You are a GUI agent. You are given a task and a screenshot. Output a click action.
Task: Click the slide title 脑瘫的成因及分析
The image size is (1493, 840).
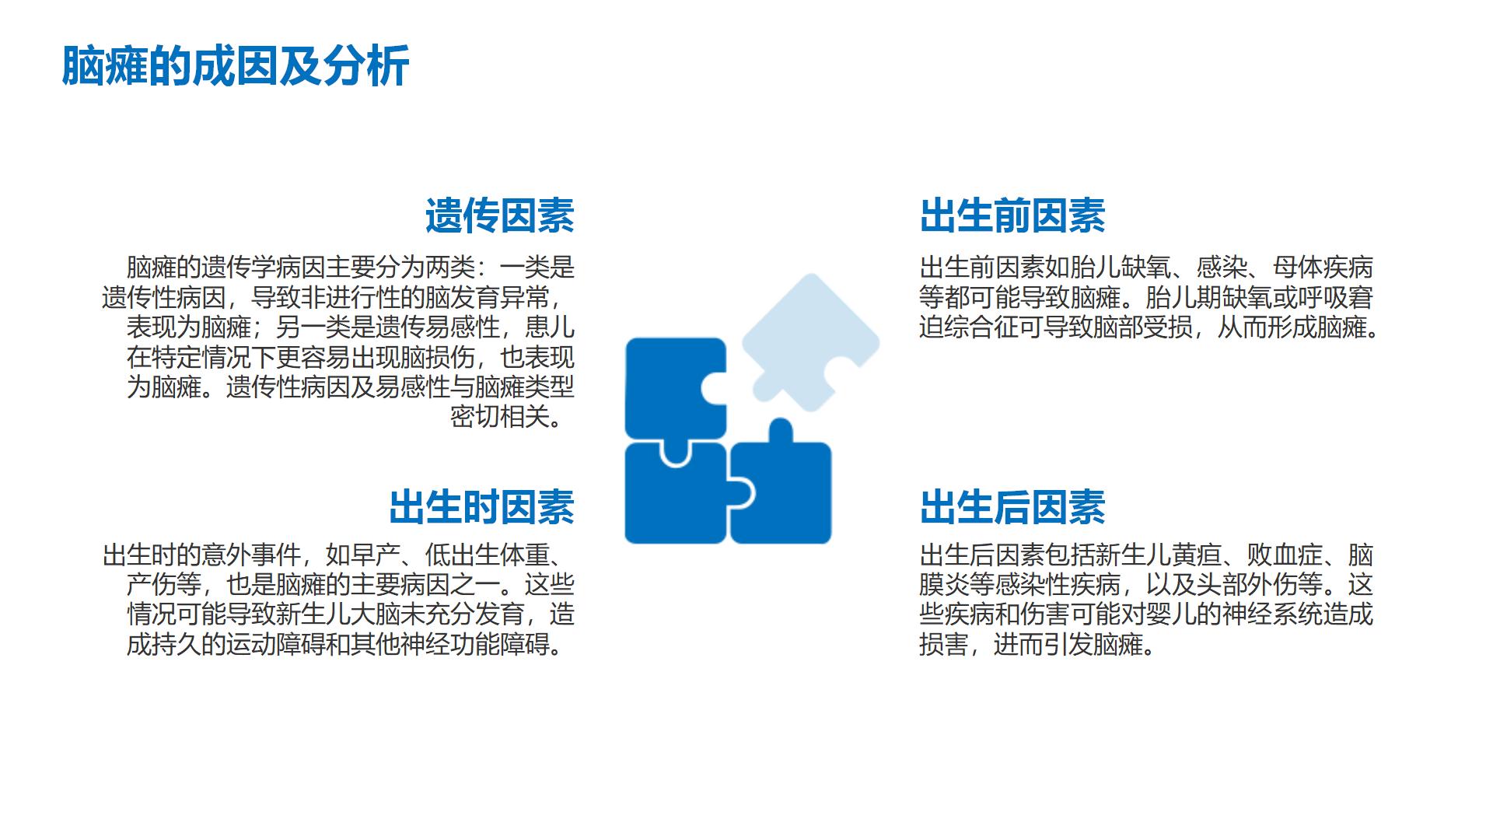(x=235, y=66)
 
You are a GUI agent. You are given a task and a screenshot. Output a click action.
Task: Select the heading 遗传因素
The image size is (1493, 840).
(x=499, y=215)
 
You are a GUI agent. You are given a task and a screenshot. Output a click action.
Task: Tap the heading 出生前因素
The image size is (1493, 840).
(x=1012, y=215)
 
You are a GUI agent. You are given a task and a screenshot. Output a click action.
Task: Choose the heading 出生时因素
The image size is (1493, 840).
(x=481, y=507)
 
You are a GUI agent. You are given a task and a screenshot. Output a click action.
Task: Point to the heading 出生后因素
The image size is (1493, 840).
(x=1012, y=507)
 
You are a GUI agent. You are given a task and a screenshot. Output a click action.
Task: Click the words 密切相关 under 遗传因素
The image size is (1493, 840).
(x=500, y=417)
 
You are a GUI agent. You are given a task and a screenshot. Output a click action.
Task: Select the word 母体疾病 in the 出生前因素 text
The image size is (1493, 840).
(x=1323, y=268)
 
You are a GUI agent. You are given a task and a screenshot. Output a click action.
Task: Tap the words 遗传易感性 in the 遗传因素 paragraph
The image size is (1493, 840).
(x=438, y=327)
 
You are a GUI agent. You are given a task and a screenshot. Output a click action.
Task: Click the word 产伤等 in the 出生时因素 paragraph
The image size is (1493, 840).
(x=164, y=585)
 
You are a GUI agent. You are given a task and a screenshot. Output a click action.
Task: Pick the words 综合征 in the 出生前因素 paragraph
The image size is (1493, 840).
(x=981, y=327)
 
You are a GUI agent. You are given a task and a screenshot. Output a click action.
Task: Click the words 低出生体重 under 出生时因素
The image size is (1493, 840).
(x=488, y=555)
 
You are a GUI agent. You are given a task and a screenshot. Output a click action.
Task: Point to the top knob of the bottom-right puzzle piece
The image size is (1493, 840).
(x=781, y=430)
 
